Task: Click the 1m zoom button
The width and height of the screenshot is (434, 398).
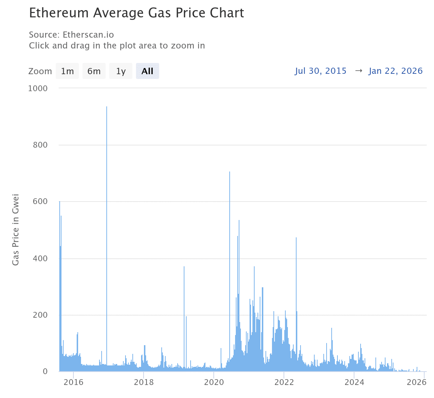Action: pyautogui.click(x=67, y=71)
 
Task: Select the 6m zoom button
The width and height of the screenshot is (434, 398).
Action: pyautogui.click(x=94, y=71)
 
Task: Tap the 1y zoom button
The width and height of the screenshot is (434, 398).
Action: pyautogui.click(x=121, y=71)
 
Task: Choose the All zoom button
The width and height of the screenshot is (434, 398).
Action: pyautogui.click(x=148, y=71)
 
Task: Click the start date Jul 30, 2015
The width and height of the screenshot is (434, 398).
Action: pyautogui.click(x=320, y=71)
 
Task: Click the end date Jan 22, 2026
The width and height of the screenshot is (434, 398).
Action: pyautogui.click(x=396, y=71)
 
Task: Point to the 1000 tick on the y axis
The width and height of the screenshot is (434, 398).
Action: pyautogui.click(x=38, y=88)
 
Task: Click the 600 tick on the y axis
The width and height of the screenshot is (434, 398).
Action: pyautogui.click(x=40, y=202)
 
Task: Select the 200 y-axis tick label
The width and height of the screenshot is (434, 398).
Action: pyautogui.click(x=40, y=315)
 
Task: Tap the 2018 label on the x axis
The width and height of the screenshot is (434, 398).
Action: pyautogui.click(x=144, y=382)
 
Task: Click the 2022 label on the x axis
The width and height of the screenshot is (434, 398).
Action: pyautogui.click(x=284, y=382)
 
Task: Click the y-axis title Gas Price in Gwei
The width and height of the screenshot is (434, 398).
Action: pyautogui.click(x=16, y=230)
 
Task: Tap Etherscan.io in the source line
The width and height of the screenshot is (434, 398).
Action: pyautogui.click(x=88, y=35)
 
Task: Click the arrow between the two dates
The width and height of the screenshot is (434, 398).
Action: pyautogui.click(x=358, y=71)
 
